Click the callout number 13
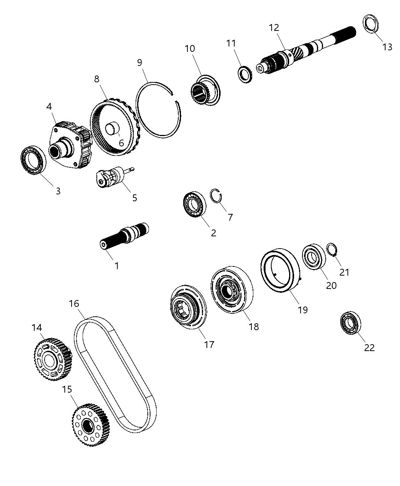click(387, 47)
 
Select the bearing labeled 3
click(32, 160)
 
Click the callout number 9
click(139, 62)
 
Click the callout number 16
click(74, 303)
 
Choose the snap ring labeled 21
click(332, 250)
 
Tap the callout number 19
click(302, 310)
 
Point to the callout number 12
click(274, 28)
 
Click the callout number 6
click(121, 143)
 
